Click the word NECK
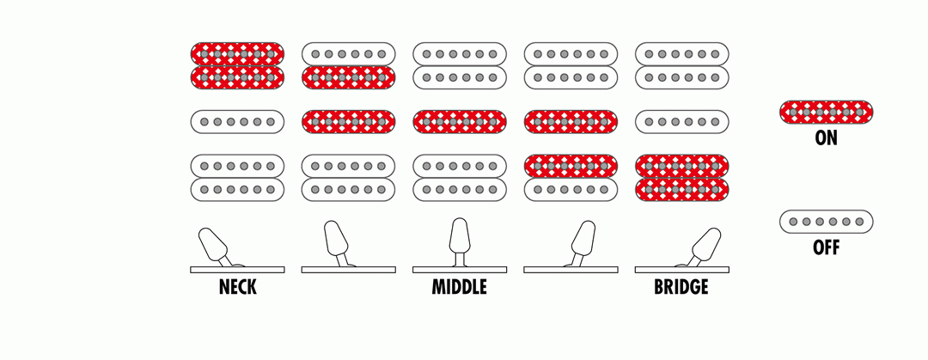[x=237, y=287]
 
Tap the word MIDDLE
[x=459, y=287]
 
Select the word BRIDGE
[x=681, y=287]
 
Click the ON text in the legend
[x=827, y=138]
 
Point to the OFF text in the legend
[x=827, y=247]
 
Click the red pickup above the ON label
[x=827, y=112]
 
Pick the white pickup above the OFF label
[x=827, y=222]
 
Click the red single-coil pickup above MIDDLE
[x=460, y=121]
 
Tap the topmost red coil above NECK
[x=237, y=54]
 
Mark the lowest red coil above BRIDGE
[x=681, y=190]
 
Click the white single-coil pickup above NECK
[x=237, y=121]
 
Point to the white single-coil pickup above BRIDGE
[x=681, y=121]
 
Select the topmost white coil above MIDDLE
[x=460, y=54]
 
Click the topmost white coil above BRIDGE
[x=681, y=54]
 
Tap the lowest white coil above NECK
[x=237, y=190]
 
